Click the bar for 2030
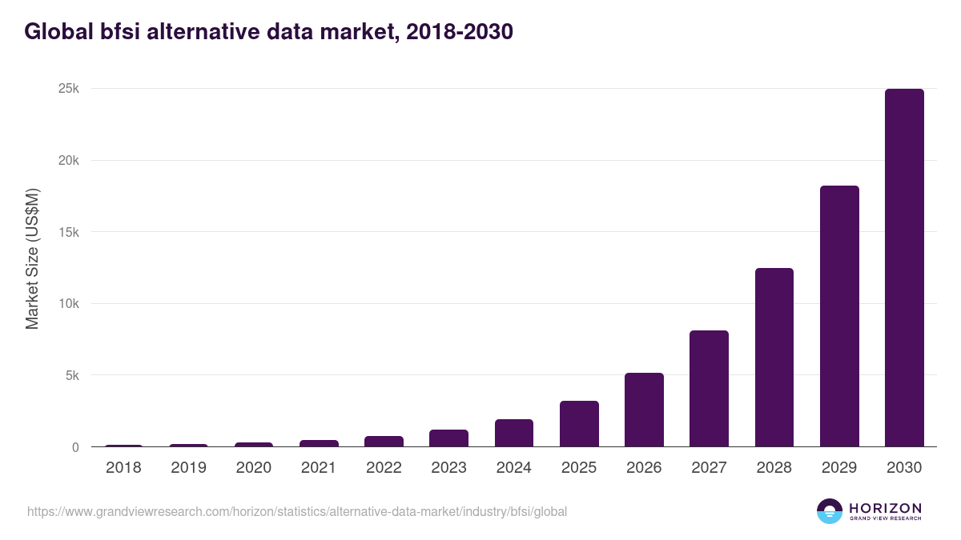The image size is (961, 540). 904,268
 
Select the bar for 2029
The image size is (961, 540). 839,316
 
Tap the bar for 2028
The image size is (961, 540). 774,358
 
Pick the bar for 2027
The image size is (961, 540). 709,389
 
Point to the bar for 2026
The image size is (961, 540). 644,410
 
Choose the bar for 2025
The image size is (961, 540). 579,424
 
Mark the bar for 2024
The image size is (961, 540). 513,433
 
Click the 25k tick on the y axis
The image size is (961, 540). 69,89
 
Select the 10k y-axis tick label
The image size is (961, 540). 69,304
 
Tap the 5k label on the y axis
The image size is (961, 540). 72,375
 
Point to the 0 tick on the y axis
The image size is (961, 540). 75,447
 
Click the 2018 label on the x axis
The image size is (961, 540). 123,468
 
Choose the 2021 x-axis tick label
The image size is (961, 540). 319,468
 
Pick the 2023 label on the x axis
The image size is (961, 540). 448,468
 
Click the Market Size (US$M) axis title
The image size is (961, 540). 32,258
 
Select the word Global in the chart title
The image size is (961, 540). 54,32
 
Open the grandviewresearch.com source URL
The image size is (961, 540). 297,511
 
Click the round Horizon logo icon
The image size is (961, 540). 829,511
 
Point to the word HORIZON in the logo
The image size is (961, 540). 885,508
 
